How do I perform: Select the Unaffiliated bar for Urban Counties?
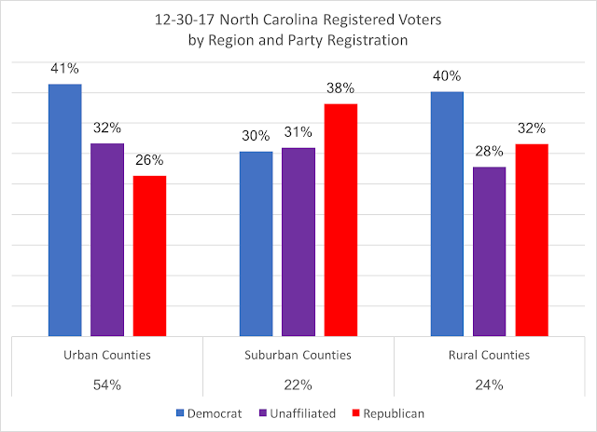107,239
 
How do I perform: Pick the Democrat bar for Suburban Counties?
256,243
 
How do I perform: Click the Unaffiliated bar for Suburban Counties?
298,241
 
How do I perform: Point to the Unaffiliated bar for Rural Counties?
489,250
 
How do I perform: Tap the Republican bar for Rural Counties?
532,239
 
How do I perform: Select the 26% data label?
149,159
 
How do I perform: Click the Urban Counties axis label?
107,355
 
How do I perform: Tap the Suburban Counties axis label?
298,355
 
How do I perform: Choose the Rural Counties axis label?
489,355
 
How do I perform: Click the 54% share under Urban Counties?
107,384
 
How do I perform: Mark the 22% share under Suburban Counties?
298,384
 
